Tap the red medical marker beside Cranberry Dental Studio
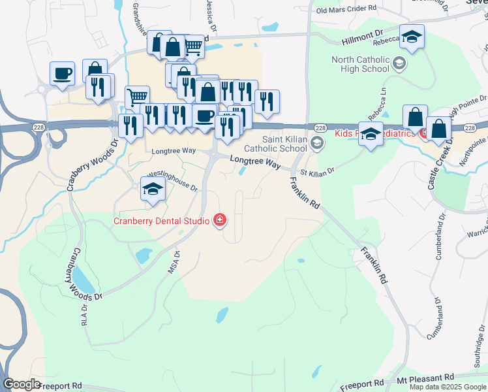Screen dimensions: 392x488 click(220, 220)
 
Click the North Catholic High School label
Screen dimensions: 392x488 click(360, 64)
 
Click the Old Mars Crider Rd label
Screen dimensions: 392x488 click(346, 10)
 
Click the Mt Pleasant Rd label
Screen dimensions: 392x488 click(425, 378)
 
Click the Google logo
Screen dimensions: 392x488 click(22, 384)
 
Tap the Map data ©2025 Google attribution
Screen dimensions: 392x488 click(448, 387)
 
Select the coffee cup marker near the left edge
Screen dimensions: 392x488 click(63, 74)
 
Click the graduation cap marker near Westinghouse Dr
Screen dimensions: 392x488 click(153, 189)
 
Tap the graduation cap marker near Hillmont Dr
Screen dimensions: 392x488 click(412, 37)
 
